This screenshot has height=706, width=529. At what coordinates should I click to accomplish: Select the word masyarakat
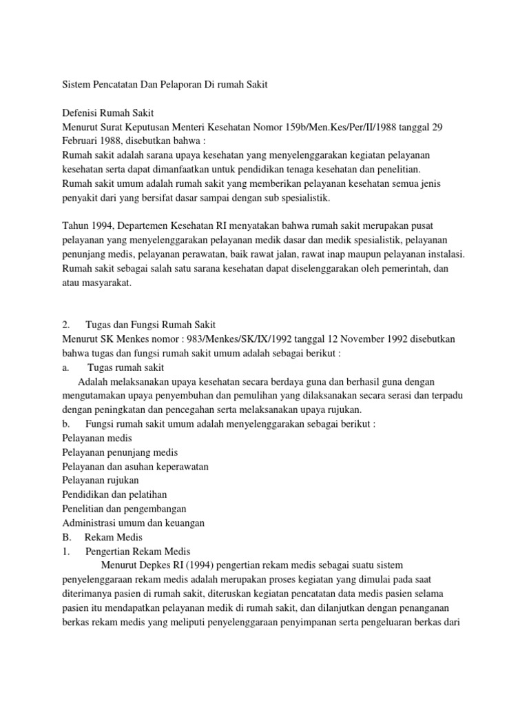106,283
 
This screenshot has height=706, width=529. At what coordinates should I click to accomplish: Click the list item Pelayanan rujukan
101,479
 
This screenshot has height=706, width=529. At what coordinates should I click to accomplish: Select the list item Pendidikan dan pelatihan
114,494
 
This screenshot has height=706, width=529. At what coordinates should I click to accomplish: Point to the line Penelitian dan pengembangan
124,509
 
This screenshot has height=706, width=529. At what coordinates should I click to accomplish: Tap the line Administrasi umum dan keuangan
133,523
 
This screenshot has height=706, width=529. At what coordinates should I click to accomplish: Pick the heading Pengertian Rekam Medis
138,552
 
